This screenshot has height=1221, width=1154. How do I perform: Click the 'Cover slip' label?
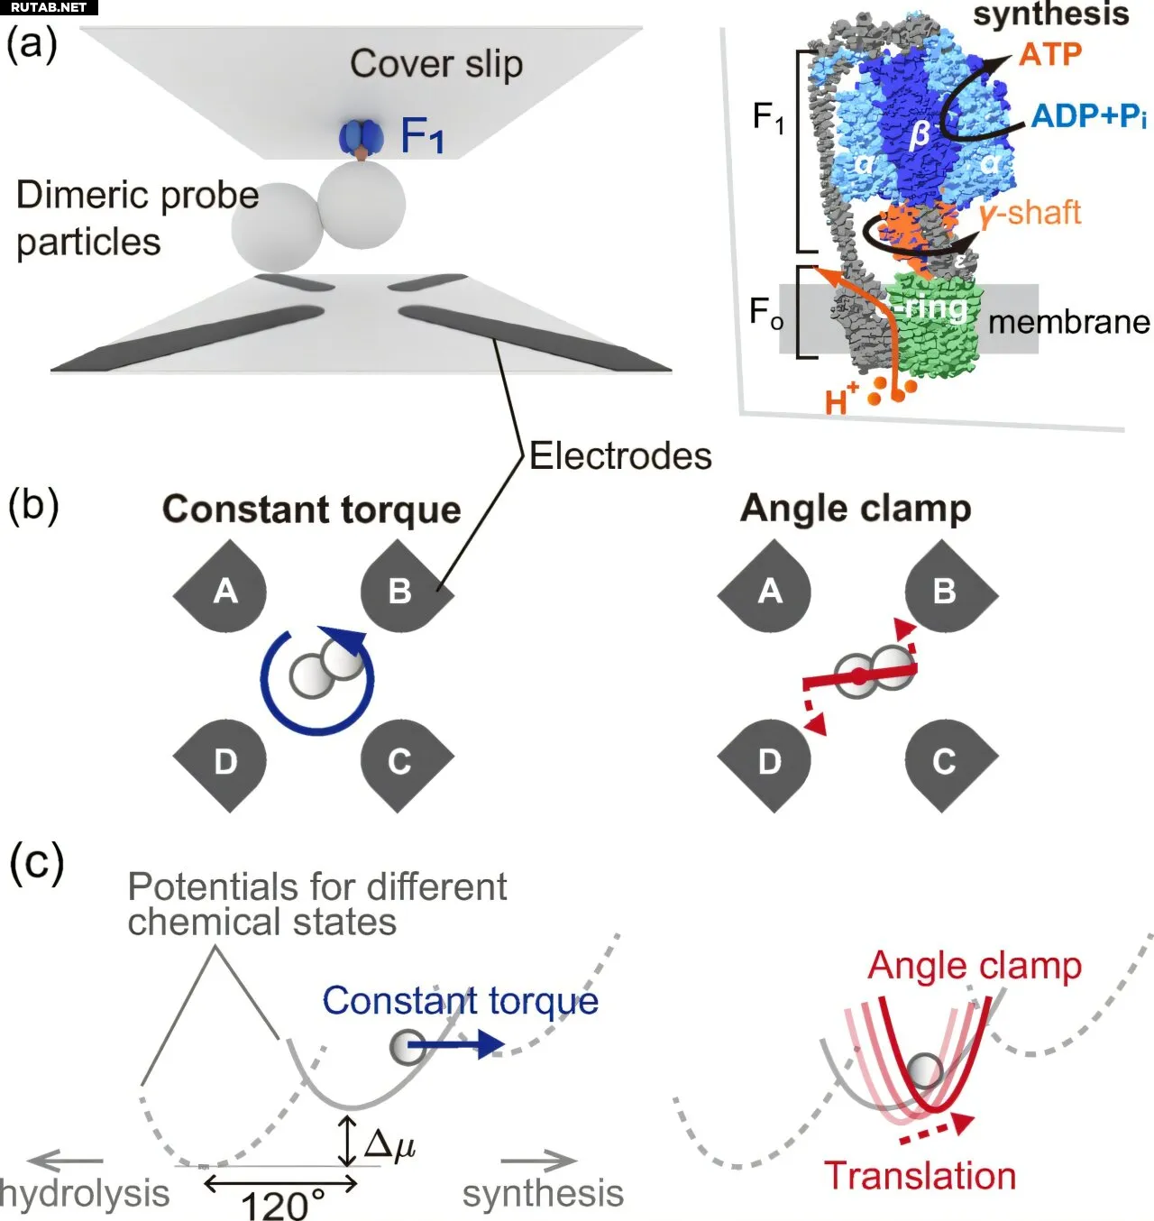[x=436, y=65]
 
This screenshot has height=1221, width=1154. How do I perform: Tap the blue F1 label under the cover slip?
[x=422, y=136]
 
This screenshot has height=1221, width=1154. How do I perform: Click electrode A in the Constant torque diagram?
[x=224, y=591]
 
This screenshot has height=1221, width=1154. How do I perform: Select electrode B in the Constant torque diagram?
[x=400, y=591]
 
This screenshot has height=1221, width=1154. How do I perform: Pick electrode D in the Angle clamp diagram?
[x=769, y=762]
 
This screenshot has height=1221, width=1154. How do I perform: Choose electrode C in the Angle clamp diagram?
[x=944, y=762]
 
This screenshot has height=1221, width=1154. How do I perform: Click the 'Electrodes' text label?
[x=620, y=455]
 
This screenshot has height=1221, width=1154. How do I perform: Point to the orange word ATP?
[x=1050, y=54]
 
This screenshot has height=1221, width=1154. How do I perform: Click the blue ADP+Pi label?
[x=1088, y=115]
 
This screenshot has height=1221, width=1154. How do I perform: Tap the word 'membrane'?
[x=1069, y=322]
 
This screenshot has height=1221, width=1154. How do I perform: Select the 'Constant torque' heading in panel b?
[x=312, y=510]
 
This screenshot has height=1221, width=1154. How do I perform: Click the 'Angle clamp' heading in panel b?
[x=856, y=509]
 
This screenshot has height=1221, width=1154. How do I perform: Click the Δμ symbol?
[x=389, y=1143]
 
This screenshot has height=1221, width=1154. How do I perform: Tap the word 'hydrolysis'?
[x=85, y=1193]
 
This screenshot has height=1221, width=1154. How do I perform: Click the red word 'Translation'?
[x=920, y=1176]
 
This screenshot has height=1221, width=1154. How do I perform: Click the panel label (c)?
[x=36, y=863]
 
